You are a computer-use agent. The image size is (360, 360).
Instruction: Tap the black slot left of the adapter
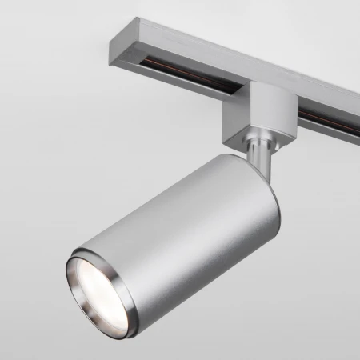[x=192, y=69]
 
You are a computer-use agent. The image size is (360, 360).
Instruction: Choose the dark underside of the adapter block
[x=269, y=135]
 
